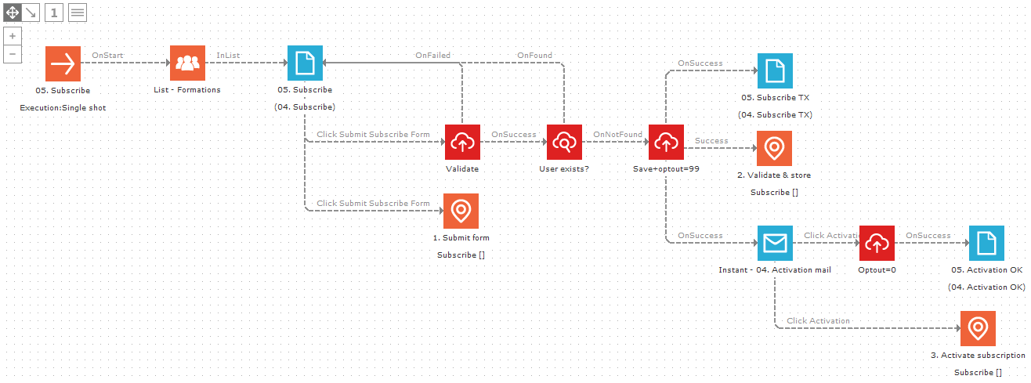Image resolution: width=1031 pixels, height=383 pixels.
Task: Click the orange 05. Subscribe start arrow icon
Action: point(63,63)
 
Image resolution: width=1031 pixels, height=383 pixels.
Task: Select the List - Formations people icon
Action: point(187,63)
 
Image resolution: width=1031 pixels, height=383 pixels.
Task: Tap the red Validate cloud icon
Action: point(462,142)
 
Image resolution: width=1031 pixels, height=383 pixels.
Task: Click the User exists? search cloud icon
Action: point(564,142)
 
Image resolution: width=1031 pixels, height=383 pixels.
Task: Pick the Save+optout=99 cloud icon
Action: point(666,142)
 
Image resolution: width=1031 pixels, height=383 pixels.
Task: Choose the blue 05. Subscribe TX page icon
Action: point(775,71)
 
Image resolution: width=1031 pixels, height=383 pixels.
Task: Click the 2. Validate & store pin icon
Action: point(774,148)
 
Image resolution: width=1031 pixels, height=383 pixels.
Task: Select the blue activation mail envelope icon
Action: point(775,244)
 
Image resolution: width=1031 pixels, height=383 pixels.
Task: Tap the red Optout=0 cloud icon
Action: point(877,244)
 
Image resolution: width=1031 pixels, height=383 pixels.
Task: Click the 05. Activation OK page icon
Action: point(986,244)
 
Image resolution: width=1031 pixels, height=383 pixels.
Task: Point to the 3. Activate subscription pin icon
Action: point(978,328)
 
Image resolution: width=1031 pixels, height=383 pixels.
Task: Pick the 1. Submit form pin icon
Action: point(461,211)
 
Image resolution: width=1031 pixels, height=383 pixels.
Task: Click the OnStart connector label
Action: point(108,56)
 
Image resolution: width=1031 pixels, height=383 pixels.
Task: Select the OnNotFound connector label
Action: point(617,135)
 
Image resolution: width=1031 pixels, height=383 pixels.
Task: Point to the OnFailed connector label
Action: point(432,56)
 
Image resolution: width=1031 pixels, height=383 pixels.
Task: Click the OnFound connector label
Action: point(534,56)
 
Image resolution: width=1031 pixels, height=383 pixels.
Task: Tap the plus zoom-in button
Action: point(13,36)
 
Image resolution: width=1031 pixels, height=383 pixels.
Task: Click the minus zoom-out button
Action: point(13,54)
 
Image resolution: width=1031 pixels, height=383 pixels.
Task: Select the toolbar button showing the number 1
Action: point(54,13)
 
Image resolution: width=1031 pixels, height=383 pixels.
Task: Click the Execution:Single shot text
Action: point(63,107)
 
